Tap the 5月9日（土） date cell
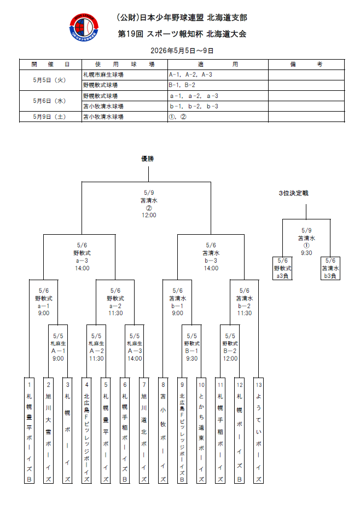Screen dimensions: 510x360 pos(50,117)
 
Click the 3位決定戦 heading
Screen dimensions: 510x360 pos(293,193)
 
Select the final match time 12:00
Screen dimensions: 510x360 pos(149,215)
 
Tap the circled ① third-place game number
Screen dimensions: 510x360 pos(306,246)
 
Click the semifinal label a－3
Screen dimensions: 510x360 pos(82,261)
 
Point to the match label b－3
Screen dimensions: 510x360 pos(211,261)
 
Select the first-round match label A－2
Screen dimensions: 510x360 pos(96,351)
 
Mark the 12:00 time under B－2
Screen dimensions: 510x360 pos(230,358)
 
